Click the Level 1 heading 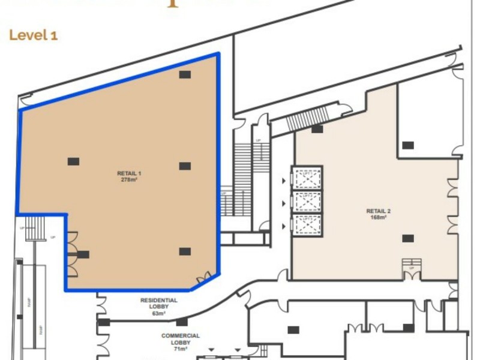(x=34, y=35)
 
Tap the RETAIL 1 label (x=129, y=173)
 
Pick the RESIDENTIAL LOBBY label (x=159, y=303)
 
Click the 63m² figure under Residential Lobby (x=159, y=313)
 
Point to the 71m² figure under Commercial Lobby (x=181, y=349)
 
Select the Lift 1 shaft (x=307, y=178)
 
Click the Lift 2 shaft (x=307, y=202)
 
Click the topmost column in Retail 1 (x=185, y=74)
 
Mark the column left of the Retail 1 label (x=73, y=161)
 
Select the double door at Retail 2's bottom (x=411, y=274)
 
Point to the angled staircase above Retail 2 (x=308, y=118)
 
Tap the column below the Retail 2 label (x=408, y=238)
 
